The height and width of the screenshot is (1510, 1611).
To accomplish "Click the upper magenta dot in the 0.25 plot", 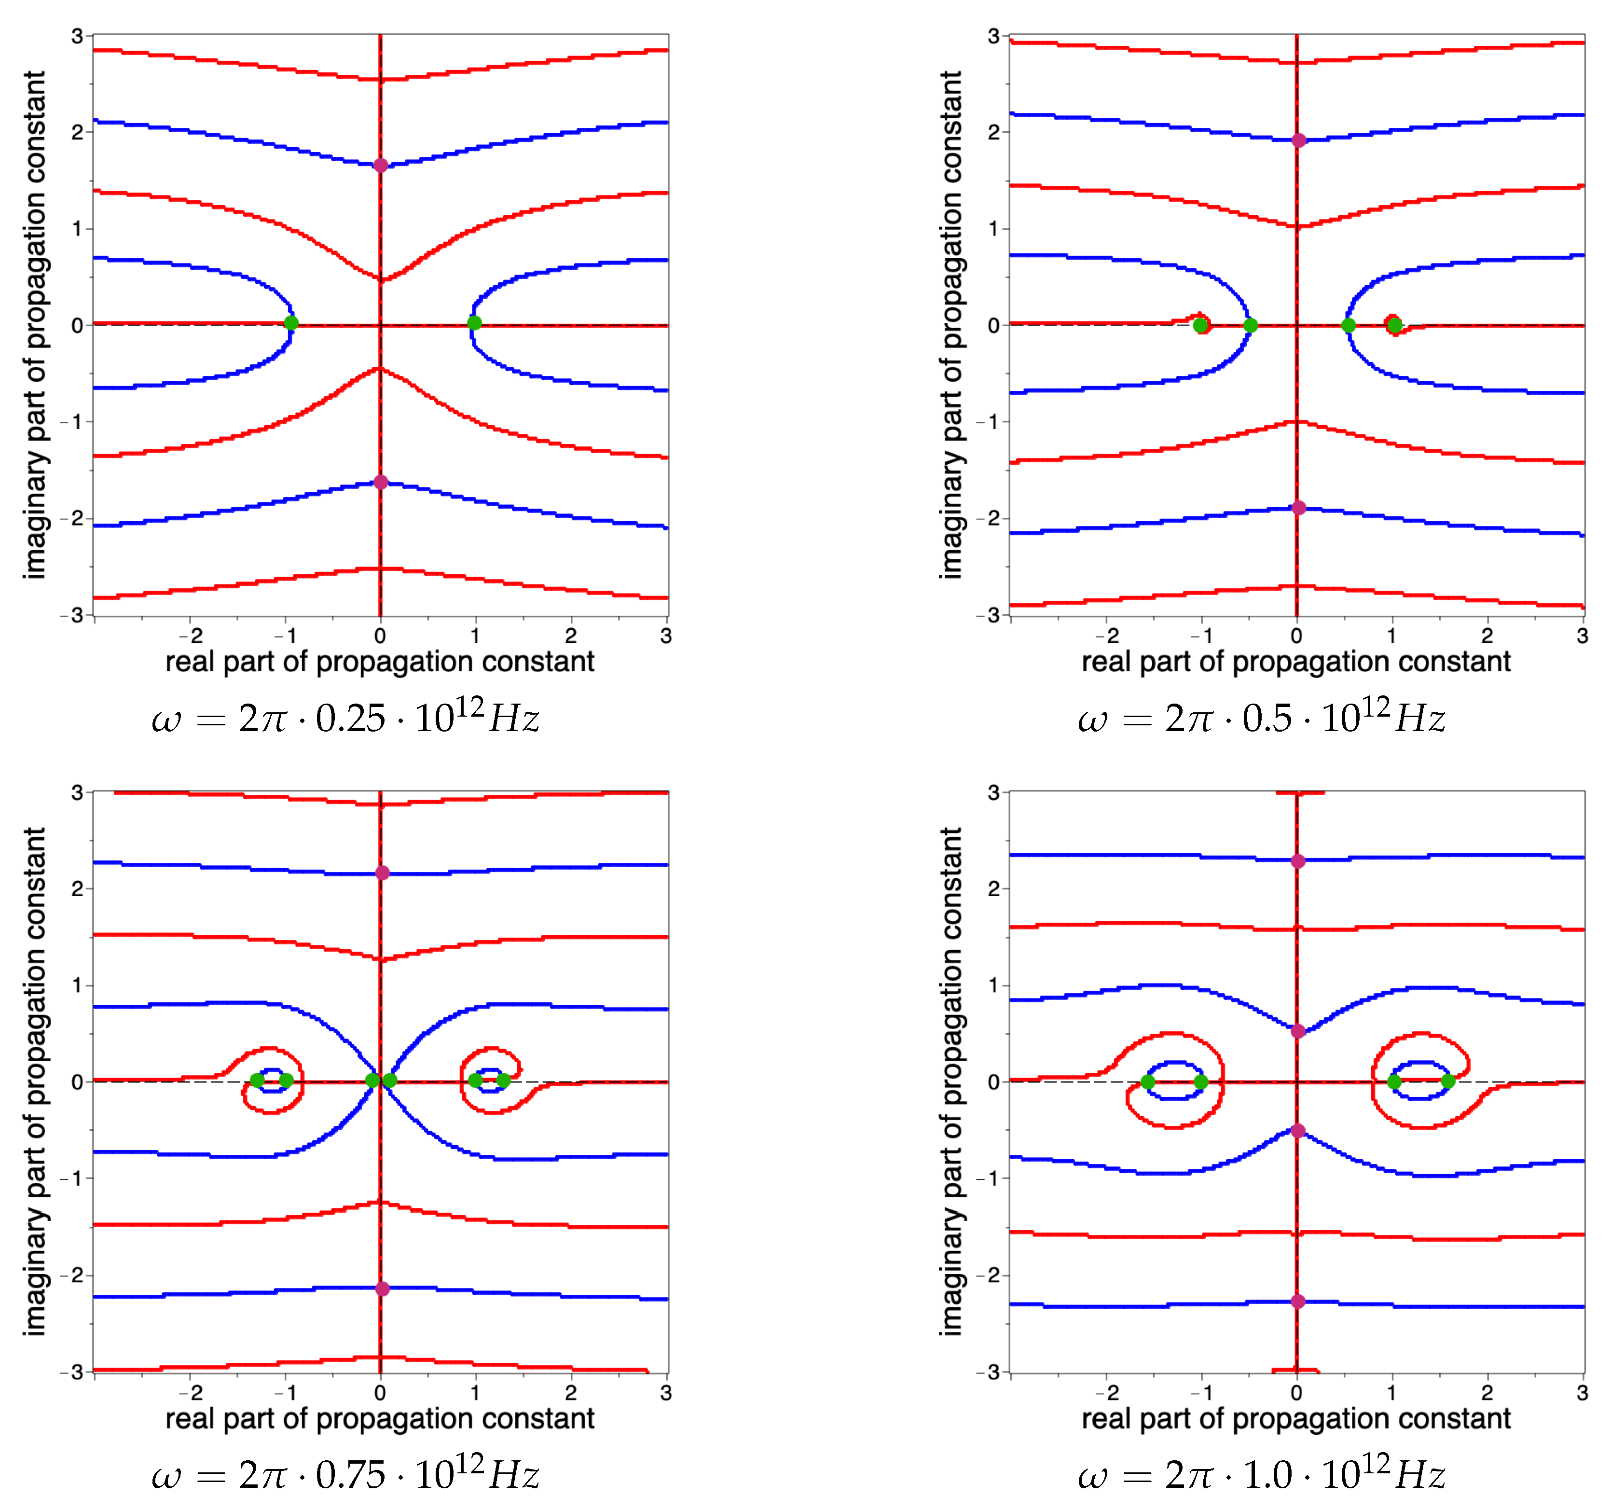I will click(x=380, y=166).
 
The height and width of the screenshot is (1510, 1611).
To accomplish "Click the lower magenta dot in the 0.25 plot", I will click(x=380, y=482).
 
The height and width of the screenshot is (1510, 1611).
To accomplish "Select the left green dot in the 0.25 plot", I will click(x=291, y=323).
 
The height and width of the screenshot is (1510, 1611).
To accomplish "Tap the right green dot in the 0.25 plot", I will click(x=475, y=323).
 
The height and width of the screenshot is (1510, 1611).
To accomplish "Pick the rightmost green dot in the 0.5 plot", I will click(x=1395, y=326).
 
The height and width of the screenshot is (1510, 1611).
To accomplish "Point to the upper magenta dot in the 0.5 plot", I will click(x=1298, y=140).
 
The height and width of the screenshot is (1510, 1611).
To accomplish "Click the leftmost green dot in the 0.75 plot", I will click(x=257, y=1081).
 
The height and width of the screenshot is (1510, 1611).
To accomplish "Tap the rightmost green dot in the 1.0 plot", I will click(x=1448, y=1081).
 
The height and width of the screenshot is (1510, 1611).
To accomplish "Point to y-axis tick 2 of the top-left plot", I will click(x=77, y=132).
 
